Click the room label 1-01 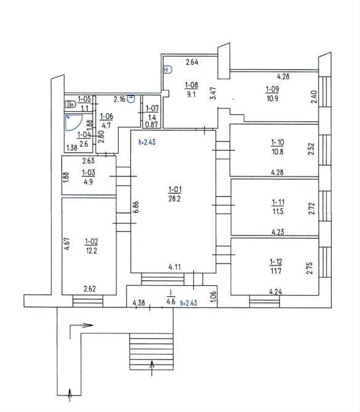click(x=175, y=189)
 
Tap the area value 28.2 click(x=175, y=199)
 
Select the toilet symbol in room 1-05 click(x=70, y=104)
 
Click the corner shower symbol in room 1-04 click(x=74, y=122)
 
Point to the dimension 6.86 click(x=136, y=208)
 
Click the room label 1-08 click(x=191, y=85)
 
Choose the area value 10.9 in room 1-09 click(x=272, y=98)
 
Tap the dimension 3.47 click(x=214, y=93)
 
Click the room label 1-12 click(x=276, y=262)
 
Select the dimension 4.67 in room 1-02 click(x=67, y=244)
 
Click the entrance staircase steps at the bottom click(x=151, y=352)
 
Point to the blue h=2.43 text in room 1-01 click(x=147, y=142)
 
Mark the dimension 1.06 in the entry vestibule click(x=214, y=296)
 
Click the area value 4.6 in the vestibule click(x=171, y=301)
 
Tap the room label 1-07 click(x=152, y=108)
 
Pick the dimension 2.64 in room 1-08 click(x=192, y=62)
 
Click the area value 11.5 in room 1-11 click(x=278, y=212)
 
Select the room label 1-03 click(x=89, y=173)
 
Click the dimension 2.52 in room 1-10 click(x=311, y=149)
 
